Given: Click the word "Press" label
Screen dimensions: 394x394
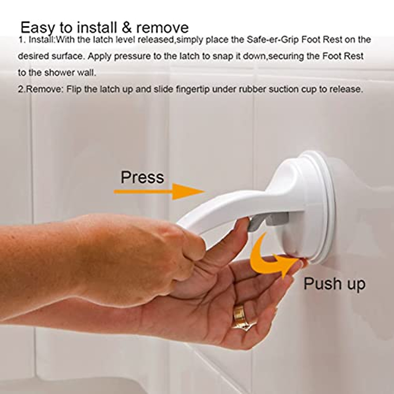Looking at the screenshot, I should (x=142, y=177).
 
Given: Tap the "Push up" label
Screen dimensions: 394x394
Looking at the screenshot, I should (x=334, y=284).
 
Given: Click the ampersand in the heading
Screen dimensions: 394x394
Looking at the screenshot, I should (x=127, y=28).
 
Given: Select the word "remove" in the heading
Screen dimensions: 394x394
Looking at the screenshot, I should (x=162, y=28).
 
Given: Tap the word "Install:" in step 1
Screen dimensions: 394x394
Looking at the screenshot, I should (x=41, y=40).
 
